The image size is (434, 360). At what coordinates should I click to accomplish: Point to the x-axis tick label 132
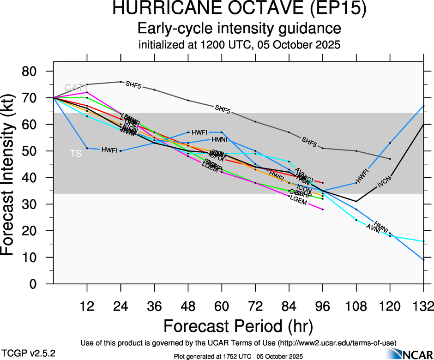tap(423, 306)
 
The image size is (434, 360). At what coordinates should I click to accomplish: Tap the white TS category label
tap(76, 154)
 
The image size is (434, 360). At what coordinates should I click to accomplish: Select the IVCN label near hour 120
tap(384, 183)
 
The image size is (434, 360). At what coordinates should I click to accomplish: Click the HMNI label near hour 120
tap(381, 227)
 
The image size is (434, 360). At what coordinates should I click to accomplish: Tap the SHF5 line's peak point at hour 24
tap(121, 82)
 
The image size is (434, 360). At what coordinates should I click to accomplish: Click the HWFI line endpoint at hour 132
tap(423, 106)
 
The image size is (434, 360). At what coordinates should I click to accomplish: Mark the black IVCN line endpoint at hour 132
tap(423, 125)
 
